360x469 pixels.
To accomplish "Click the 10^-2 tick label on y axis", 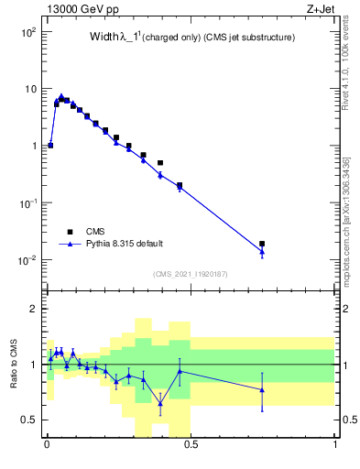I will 27,260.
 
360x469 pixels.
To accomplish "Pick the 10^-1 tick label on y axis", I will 27,203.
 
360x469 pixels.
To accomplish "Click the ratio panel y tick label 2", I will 33,309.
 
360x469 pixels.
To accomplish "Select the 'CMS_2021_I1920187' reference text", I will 190,274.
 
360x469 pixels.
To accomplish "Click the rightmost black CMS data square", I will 262,245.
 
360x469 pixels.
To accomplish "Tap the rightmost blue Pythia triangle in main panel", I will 262,251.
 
